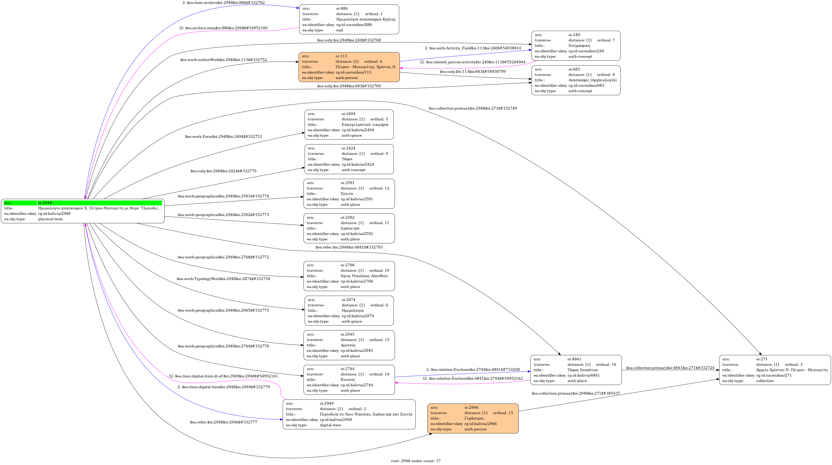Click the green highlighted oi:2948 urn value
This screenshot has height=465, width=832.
[45, 203]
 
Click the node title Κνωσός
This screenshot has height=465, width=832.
[348, 379]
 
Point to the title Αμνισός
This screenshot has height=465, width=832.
[348, 345]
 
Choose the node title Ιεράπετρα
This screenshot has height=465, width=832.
[350, 228]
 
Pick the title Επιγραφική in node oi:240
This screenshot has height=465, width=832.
[579, 45]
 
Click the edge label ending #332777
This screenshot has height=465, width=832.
[224, 422]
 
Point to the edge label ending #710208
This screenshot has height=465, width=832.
[473, 369]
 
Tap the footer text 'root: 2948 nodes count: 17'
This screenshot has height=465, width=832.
[416, 461]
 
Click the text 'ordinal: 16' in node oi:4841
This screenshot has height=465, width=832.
[606, 364]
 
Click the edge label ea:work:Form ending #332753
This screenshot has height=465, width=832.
[224, 136]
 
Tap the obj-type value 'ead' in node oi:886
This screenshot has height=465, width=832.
[339, 30]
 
